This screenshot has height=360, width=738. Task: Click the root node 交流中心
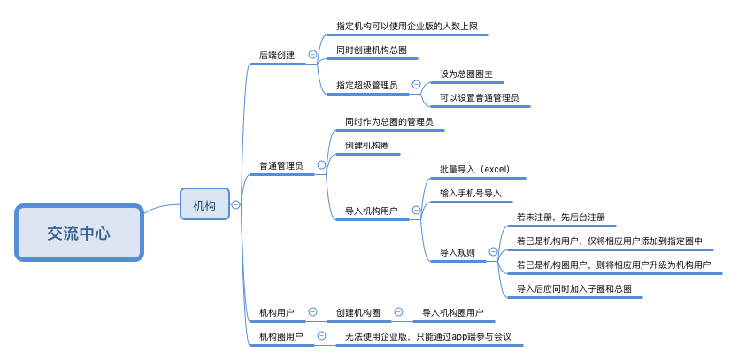pyautogui.click(x=79, y=234)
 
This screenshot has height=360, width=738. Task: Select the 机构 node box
pyautogui.click(x=204, y=205)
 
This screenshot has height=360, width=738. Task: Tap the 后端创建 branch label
pyautogui.click(x=277, y=55)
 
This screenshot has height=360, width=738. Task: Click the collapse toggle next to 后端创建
pyautogui.click(x=312, y=55)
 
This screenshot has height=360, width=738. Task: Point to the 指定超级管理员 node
pyautogui.click(x=366, y=86)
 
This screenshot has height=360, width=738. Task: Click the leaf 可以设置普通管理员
pyautogui.click(x=479, y=97)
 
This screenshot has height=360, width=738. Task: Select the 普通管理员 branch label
pyautogui.click(x=281, y=165)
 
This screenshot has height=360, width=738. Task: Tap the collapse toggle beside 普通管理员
pyautogui.click(x=321, y=165)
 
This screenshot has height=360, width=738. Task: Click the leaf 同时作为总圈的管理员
pyautogui.click(x=388, y=120)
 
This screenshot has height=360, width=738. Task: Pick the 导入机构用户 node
pyautogui.click(x=371, y=211)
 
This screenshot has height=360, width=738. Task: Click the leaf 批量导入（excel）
pyautogui.click(x=474, y=169)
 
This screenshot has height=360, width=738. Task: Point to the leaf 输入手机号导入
pyautogui.click(x=470, y=192)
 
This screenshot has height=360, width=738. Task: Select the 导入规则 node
pyautogui.click(x=457, y=252)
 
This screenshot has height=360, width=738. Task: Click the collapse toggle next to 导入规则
pyautogui.click(x=493, y=252)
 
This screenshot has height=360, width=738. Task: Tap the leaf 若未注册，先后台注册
pyautogui.click(x=560, y=217)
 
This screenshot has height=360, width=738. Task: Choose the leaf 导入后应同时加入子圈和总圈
pyautogui.click(x=573, y=288)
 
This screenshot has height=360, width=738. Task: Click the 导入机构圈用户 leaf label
pyautogui.click(x=452, y=312)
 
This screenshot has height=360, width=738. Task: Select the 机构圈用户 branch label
pyautogui.click(x=281, y=336)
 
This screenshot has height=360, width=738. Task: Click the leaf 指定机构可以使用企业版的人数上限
pyautogui.click(x=407, y=27)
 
